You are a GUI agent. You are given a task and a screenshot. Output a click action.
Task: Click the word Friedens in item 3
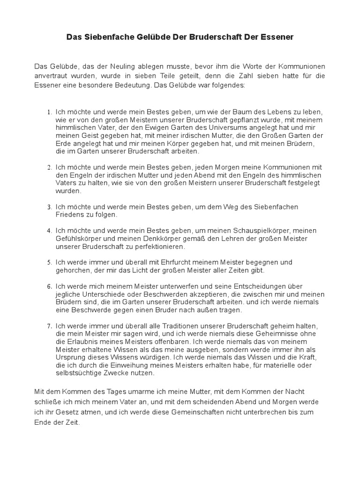(70, 215)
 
